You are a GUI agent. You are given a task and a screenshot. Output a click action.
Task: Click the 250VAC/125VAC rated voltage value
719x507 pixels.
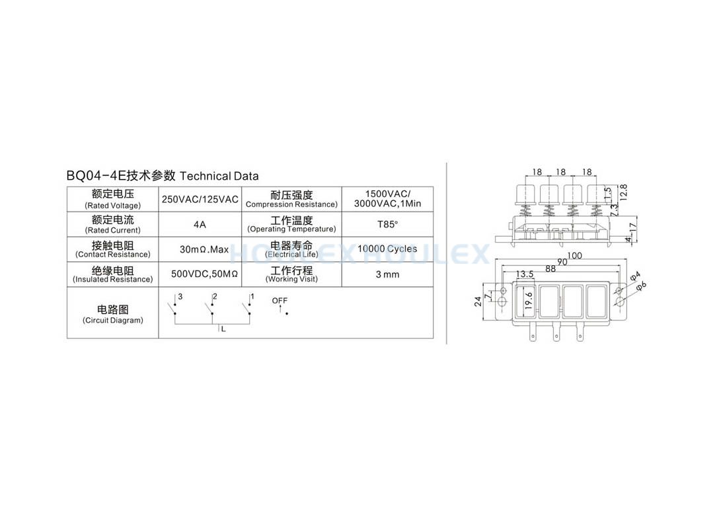pos(200,199)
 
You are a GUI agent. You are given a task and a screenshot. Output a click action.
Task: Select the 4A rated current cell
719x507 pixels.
pos(200,224)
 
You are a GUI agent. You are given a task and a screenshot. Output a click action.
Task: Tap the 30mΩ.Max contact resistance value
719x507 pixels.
pos(204,249)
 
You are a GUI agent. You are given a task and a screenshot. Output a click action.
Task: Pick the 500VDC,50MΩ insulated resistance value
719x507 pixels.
pos(204,274)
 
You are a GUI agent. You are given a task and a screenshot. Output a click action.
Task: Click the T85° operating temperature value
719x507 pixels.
pos(387,224)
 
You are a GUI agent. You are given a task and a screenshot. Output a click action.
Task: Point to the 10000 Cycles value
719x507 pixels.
pos(387,249)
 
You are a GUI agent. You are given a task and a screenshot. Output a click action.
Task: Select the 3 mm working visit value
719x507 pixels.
pos(387,274)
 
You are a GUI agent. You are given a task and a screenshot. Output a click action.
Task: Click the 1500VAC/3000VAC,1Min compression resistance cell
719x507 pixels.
pos(387,199)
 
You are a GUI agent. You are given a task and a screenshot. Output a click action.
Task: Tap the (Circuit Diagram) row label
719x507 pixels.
pos(113,320)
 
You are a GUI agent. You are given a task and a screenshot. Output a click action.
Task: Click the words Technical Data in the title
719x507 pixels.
pos(219,176)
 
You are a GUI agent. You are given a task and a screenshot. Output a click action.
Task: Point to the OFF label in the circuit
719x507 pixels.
pos(280,301)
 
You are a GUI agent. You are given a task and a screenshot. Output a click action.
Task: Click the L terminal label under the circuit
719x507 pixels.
pos(223,329)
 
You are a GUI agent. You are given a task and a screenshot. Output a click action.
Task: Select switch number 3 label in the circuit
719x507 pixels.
pos(180,296)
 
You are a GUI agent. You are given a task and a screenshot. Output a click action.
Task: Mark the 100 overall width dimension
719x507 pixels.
pos(574,256)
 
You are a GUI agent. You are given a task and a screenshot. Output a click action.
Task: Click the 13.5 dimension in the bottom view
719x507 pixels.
pos(525,274)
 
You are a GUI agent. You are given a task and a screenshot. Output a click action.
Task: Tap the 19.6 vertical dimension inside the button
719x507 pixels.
pos(529,301)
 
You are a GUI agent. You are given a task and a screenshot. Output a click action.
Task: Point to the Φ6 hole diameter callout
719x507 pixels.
pos(641,286)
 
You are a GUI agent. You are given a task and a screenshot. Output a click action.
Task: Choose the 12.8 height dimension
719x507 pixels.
pos(623,192)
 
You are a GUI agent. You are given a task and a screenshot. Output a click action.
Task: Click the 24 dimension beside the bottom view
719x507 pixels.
pos(478,301)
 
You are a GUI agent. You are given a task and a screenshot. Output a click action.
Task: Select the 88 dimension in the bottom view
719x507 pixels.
pos(550,269)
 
